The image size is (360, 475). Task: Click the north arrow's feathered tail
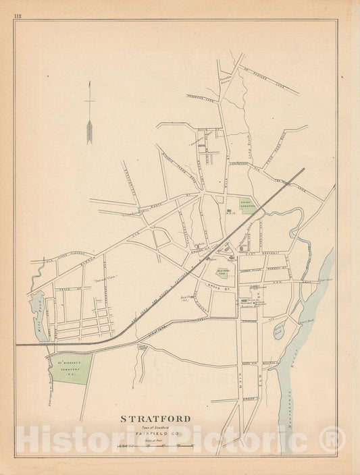click(x=88, y=131)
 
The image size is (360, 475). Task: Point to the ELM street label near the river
click(x=257, y=369)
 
